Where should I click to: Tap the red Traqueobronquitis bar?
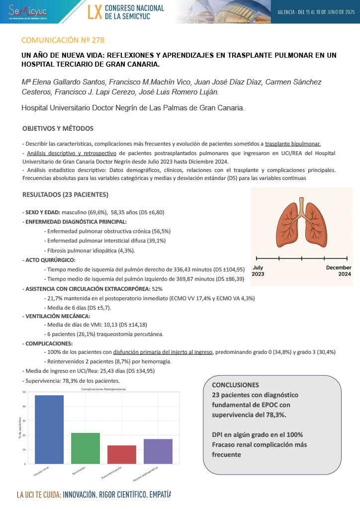point(122,454)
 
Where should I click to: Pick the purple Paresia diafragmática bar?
point(158,451)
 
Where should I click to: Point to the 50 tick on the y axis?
point(24,392)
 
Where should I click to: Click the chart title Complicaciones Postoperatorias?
point(103,389)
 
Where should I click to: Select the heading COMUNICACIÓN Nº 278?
point(63,40)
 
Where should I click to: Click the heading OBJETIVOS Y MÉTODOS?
point(58,129)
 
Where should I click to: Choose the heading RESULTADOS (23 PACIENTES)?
point(65,194)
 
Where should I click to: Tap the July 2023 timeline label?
point(259,271)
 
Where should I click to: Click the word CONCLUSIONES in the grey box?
point(235,385)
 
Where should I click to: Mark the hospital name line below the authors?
point(133,107)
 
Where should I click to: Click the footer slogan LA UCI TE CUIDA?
point(39,495)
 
